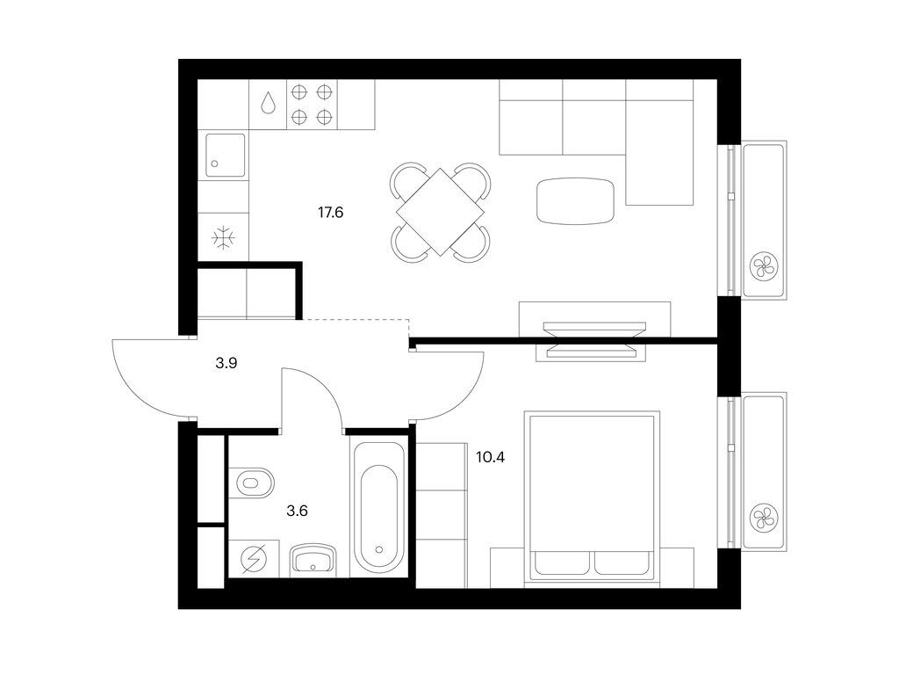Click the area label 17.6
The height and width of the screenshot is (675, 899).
tap(330, 212)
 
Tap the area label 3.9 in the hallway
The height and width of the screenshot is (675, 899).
tap(227, 362)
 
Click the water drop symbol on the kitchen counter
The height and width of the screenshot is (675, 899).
tap(268, 104)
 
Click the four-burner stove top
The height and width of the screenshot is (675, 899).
tap(313, 104)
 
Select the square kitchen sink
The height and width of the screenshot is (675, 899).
tap(225, 155)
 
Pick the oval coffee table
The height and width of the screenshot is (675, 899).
tap(575, 200)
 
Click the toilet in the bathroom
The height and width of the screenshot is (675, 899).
tap(255, 483)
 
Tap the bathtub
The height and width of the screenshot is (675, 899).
tap(379, 507)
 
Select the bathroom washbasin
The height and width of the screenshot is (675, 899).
tap(313, 559)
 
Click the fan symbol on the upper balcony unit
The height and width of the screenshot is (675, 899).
tap(762, 265)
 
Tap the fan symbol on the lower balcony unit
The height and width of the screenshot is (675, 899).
tap(762, 518)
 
